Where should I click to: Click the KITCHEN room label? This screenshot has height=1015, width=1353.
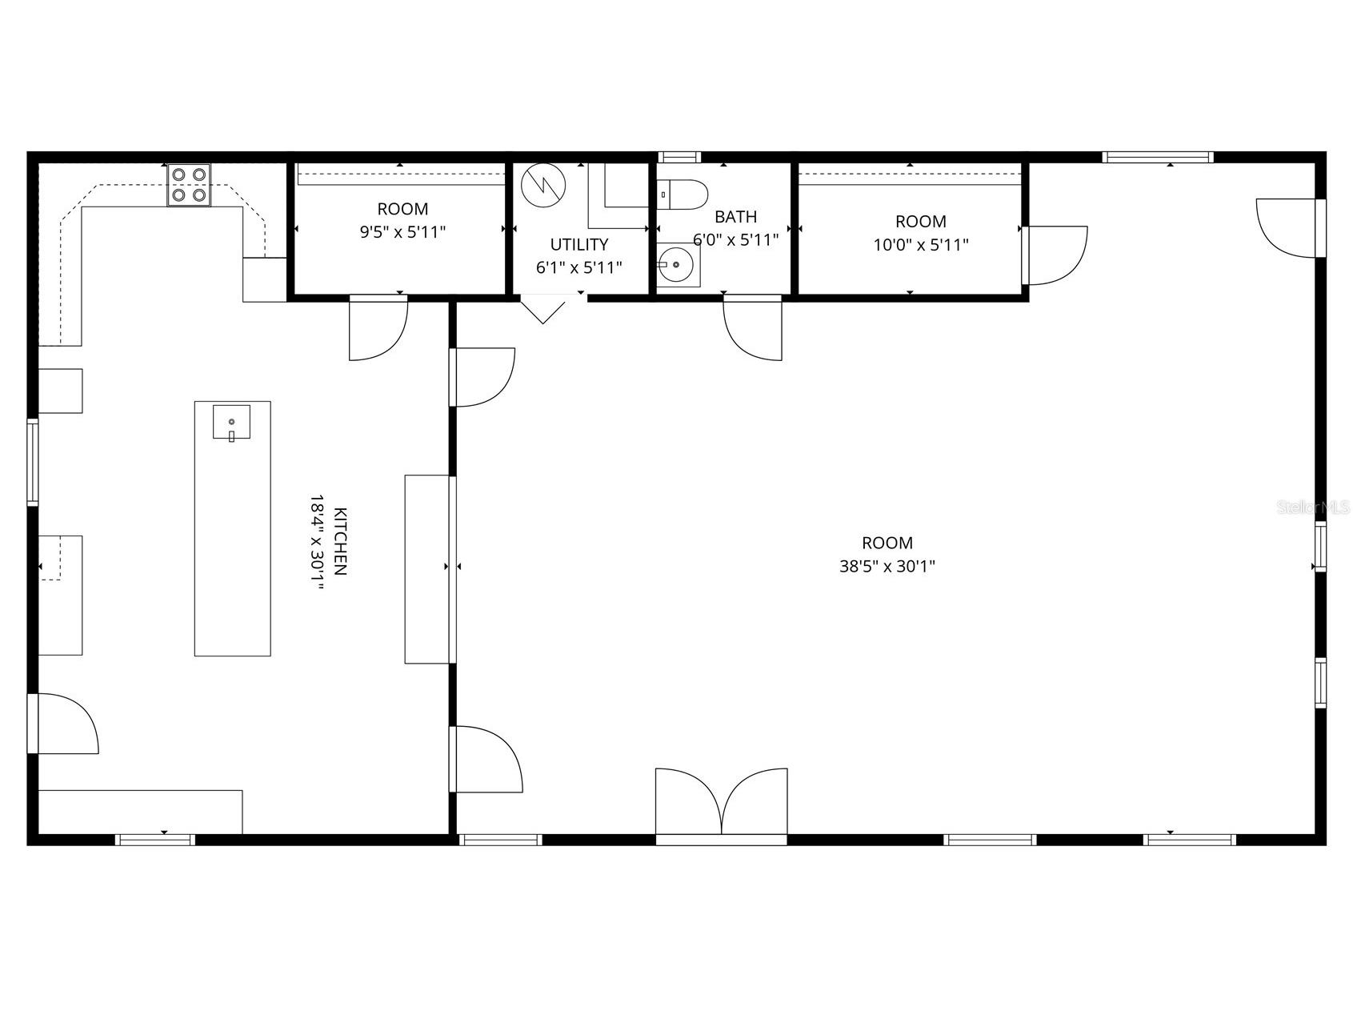(x=340, y=542)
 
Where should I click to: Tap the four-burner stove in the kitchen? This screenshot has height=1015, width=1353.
(x=189, y=185)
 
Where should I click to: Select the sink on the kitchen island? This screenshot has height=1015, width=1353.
(x=231, y=422)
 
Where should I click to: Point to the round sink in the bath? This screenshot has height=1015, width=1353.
(x=677, y=265)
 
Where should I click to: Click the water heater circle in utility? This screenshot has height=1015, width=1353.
(x=543, y=185)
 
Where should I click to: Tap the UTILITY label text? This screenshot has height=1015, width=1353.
(x=578, y=244)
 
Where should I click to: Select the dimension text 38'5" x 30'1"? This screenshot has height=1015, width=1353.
(x=887, y=566)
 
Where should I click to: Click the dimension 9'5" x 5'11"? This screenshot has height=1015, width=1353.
(x=402, y=232)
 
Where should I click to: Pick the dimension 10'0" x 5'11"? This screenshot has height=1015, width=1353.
(x=920, y=244)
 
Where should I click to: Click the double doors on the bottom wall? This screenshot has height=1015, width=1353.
(x=722, y=803)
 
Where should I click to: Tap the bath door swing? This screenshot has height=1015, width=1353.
(x=753, y=327)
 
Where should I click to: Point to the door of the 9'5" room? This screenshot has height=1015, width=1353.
(x=378, y=327)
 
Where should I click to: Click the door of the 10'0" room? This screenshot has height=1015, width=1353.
(x=1054, y=255)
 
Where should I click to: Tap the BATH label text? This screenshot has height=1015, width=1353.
(x=735, y=216)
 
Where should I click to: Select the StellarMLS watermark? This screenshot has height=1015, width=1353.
(x=1312, y=507)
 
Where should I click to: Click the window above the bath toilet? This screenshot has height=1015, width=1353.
(x=679, y=157)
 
